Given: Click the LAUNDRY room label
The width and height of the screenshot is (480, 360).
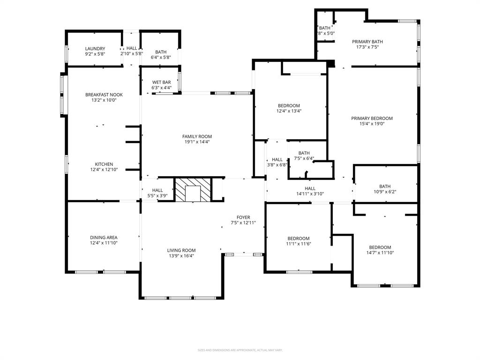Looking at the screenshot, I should (x=95, y=48).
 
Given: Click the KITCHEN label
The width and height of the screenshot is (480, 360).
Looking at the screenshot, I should (x=104, y=164).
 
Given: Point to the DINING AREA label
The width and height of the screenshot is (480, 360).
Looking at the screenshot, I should (x=104, y=237).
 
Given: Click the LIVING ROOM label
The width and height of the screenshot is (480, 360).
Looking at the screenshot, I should (x=181, y=250).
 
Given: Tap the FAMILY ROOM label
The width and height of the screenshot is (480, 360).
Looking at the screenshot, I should (x=197, y=136).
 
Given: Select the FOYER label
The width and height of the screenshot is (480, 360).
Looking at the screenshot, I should (x=243, y=217).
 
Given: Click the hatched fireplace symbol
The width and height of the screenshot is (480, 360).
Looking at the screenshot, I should (x=193, y=190).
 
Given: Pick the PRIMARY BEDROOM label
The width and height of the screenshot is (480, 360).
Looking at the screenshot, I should (x=372, y=118).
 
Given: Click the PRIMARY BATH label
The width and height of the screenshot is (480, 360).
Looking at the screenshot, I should (x=367, y=41).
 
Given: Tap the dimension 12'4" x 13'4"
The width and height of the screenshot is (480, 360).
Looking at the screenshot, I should (x=289, y=111).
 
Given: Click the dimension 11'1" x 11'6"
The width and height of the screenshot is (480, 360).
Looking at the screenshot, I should (x=299, y=244).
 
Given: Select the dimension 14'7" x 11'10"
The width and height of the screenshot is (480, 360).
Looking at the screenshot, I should (x=380, y=253).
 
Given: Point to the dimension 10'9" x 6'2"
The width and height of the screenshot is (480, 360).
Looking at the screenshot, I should (x=385, y=192).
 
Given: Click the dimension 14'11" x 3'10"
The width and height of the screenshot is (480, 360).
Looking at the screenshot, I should (x=310, y=194).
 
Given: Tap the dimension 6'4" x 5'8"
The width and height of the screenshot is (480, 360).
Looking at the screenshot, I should (x=161, y=58).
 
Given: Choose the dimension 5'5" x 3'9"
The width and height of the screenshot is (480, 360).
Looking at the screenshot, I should (x=157, y=195).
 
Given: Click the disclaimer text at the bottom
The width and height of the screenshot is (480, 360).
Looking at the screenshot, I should (x=240, y=350).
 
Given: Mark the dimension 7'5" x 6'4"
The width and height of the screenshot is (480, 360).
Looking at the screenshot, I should (x=304, y=158).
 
